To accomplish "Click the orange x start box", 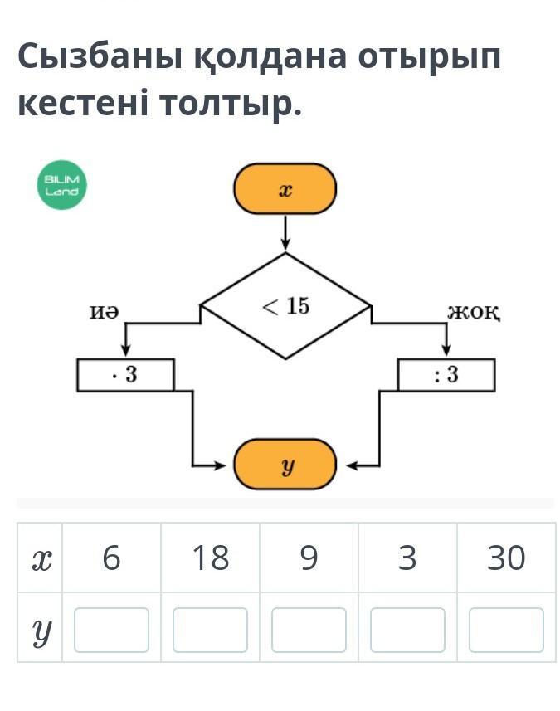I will tap(285, 190).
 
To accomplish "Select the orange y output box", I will tap(285, 465).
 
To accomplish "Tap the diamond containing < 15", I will tap(285, 306).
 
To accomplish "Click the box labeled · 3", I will tap(125, 375).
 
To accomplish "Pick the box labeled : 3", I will tap(446, 375).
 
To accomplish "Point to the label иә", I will tap(104, 311).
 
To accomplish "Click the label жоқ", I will tap(473, 312).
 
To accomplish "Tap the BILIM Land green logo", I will tap(62, 185).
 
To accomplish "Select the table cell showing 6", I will tap(111, 558).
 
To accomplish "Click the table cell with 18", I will tap(210, 558).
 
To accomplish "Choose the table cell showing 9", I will tap(309, 558).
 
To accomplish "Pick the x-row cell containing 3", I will tap(407, 558).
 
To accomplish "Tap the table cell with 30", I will tap(506, 558).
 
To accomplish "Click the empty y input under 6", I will tap(111, 630).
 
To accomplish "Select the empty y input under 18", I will tap(210, 630).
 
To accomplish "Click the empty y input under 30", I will tap(506, 630).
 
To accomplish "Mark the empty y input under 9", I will tap(309, 630).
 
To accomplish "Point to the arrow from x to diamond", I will tap(285, 231).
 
